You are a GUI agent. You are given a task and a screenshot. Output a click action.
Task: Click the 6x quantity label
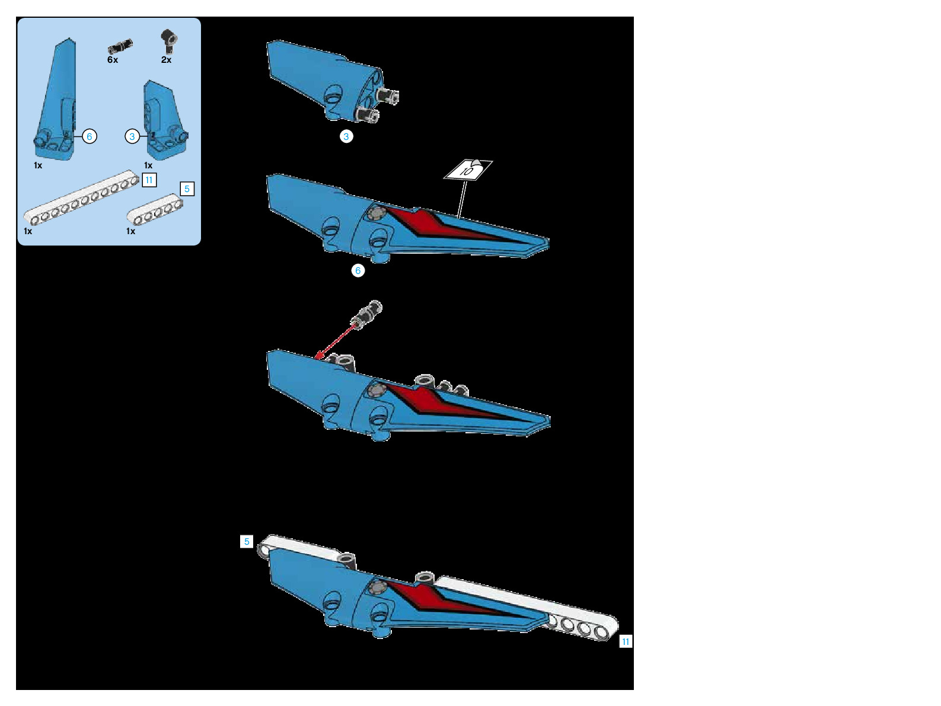pyautogui.click(x=113, y=60)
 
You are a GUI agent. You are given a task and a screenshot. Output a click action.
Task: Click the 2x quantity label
pyautogui.click(x=166, y=60)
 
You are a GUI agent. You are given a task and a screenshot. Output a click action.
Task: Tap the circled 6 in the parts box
pyautogui.click(x=90, y=136)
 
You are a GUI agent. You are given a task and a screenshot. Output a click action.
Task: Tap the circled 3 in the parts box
pyautogui.click(x=132, y=136)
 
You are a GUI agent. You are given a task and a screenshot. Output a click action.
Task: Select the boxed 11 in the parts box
pyautogui.click(x=149, y=180)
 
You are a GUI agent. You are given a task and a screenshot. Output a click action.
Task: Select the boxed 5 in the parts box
pyautogui.click(x=187, y=189)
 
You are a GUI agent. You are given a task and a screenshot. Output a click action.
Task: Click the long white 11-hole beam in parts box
pyautogui.click(x=81, y=199)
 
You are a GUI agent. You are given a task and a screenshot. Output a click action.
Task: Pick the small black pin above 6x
pyautogui.click(x=120, y=46)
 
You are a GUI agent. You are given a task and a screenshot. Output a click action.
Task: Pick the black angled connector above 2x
pyautogui.click(x=169, y=39)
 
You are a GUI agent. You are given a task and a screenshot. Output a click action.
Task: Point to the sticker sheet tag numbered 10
pyautogui.click(x=468, y=170)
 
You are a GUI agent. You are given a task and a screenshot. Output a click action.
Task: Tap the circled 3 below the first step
pyautogui.click(x=346, y=136)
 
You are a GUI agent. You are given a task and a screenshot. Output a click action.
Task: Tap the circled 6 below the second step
pyautogui.click(x=358, y=270)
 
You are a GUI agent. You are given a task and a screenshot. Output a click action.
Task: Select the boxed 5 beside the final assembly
pyautogui.click(x=247, y=541)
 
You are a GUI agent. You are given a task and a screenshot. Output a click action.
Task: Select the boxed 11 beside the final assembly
pyautogui.click(x=626, y=641)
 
